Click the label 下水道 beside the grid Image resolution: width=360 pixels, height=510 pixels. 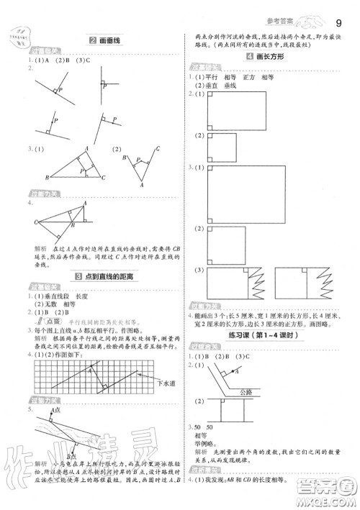coord(163,385)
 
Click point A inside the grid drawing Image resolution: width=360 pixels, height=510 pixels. coord(89,372)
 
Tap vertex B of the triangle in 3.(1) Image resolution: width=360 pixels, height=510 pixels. coord(48,177)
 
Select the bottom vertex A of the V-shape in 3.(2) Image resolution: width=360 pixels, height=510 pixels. coord(142,184)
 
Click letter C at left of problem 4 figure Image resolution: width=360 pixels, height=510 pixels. coord(35,224)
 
